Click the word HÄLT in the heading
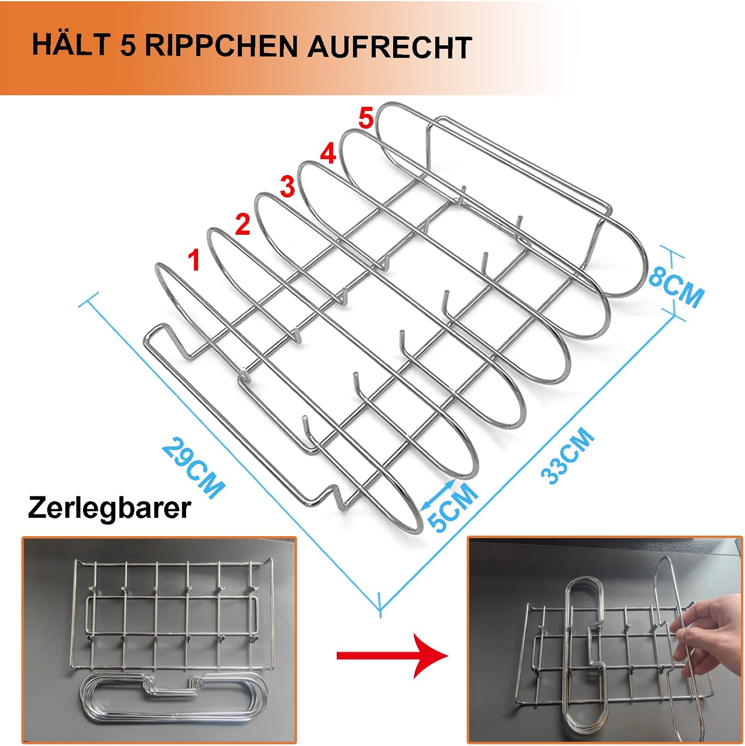pyautogui.click(x=70, y=46)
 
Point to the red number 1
pyautogui.click(x=194, y=261)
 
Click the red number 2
pyautogui.click(x=242, y=224)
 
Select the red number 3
pyautogui.click(x=288, y=187)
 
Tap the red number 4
pyautogui.click(x=328, y=154)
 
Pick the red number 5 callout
pyautogui.click(x=365, y=119)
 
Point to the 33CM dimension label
pyautogui.click(x=567, y=456)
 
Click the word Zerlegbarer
pyautogui.click(x=109, y=508)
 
